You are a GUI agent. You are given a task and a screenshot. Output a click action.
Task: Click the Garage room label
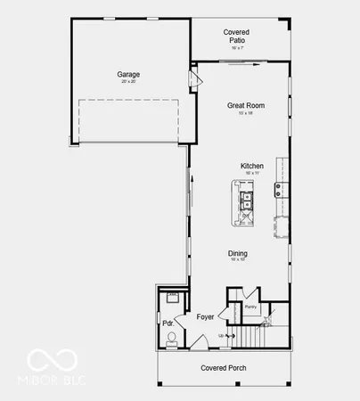(128, 74)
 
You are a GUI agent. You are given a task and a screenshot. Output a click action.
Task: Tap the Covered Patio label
(236, 35)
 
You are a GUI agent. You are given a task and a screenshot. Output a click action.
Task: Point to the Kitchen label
(252, 166)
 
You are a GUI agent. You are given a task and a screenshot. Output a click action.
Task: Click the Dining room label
(237, 253)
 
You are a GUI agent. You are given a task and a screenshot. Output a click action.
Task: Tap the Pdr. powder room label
(166, 323)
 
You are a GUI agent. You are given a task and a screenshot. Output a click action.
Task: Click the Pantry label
(251, 305)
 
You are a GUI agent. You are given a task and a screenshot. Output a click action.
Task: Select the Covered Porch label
(224, 367)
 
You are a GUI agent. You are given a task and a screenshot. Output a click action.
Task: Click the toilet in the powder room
(171, 337)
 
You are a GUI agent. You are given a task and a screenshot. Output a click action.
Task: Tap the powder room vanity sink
(173, 298)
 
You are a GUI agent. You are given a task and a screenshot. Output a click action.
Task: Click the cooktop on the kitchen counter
(279, 188)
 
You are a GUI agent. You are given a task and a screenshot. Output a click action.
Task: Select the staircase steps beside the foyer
(250, 337)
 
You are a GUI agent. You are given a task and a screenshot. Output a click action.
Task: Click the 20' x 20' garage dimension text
(128, 82)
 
